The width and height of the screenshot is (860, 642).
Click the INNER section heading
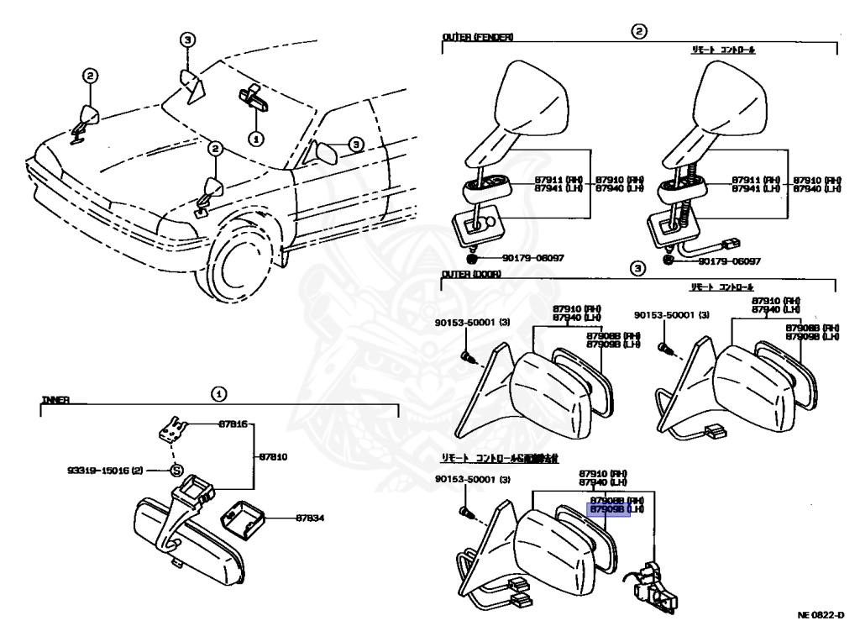coord(55,401)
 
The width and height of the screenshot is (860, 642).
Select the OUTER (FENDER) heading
coord(478,38)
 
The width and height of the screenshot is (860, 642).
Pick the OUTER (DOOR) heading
coord(472,274)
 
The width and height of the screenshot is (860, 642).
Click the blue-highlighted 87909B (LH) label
coord(609,510)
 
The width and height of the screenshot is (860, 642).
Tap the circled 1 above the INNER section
coord(218,393)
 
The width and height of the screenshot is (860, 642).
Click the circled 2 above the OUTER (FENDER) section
coord(639,30)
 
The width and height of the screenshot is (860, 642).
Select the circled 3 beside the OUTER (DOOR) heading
coord(637,269)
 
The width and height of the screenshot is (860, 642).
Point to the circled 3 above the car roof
coord(188,39)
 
